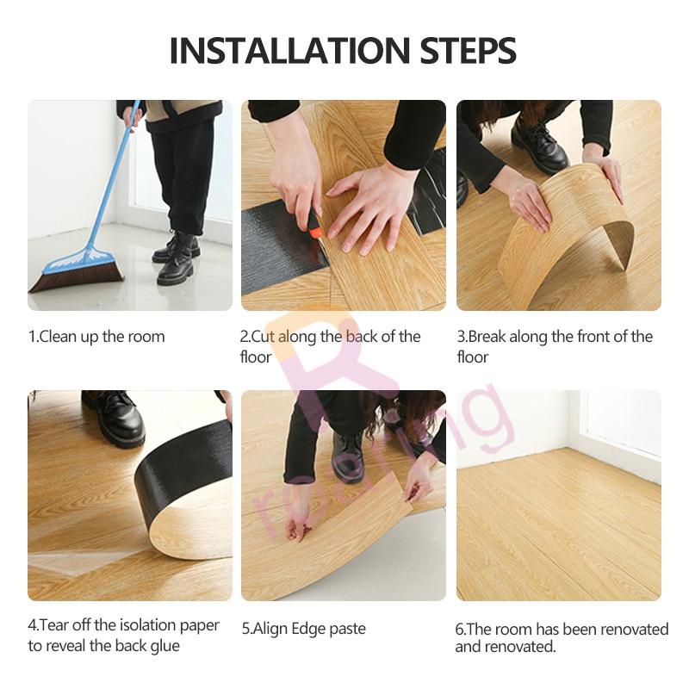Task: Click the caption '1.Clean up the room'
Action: click(96, 337)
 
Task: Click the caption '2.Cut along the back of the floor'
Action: click(330, 346)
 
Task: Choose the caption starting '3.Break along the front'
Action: click(554, 346)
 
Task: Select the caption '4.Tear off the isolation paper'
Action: click(123, 635)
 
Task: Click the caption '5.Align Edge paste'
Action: click(303, 629)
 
